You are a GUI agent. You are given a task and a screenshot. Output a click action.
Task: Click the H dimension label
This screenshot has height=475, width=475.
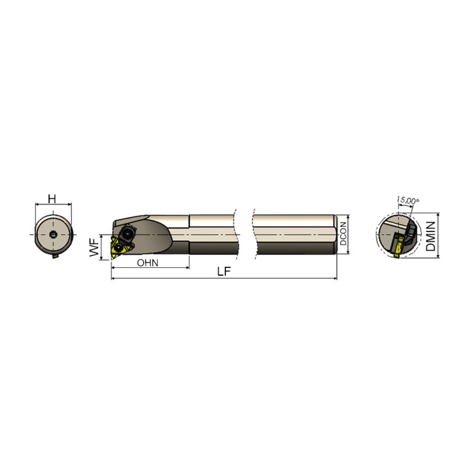(x=52, y=199)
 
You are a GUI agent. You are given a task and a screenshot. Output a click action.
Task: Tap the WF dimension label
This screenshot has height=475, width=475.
(x=94, y=248)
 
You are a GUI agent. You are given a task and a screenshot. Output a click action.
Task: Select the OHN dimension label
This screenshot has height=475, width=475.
(x=148, y=262)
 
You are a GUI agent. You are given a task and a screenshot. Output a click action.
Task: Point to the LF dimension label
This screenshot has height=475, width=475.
(x=224, y=272)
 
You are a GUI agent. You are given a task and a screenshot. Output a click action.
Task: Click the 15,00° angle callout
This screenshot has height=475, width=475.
(x=408, y=201)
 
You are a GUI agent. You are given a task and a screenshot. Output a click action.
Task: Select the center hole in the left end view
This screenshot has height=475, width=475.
(x=53, y=235)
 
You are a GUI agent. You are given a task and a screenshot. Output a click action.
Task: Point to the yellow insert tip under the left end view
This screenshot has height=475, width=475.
(x=55, y=256)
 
